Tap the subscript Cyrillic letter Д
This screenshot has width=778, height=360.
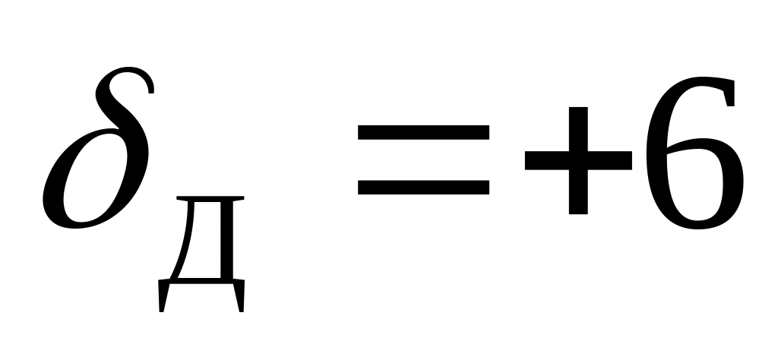(x=202, y=251)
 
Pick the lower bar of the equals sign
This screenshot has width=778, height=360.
(x=424, y=187)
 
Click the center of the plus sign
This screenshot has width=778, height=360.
(x=577, y=160)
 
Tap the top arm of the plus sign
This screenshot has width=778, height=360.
(x=577, y=125)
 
